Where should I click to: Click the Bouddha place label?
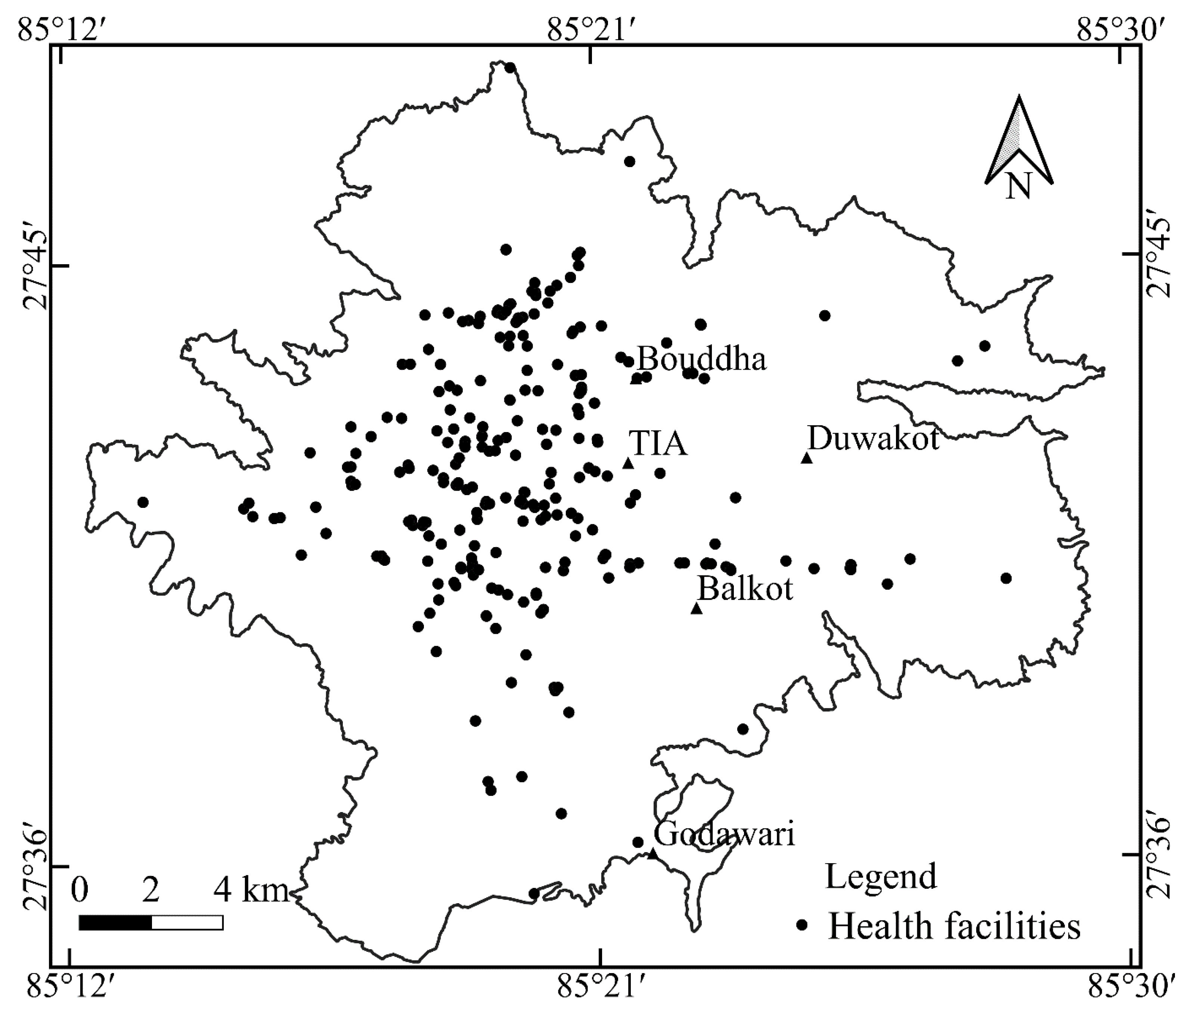pyautogui.click(x=702, y=360)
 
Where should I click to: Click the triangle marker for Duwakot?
pyautogui.click(x=807, y=458)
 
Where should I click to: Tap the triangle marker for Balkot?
pyautogui.click(x=697, y=608)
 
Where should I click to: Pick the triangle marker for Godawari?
pyautogui.click(x=652, y=854)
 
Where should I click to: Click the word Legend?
pyautogui.click(x=881, y=876)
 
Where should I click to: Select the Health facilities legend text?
pyautogui.click(x=954, y=926)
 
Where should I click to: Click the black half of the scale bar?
pyautogui.click(x=115, y=922)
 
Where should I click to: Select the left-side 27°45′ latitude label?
pyautogui.click(x=35, y=269)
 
